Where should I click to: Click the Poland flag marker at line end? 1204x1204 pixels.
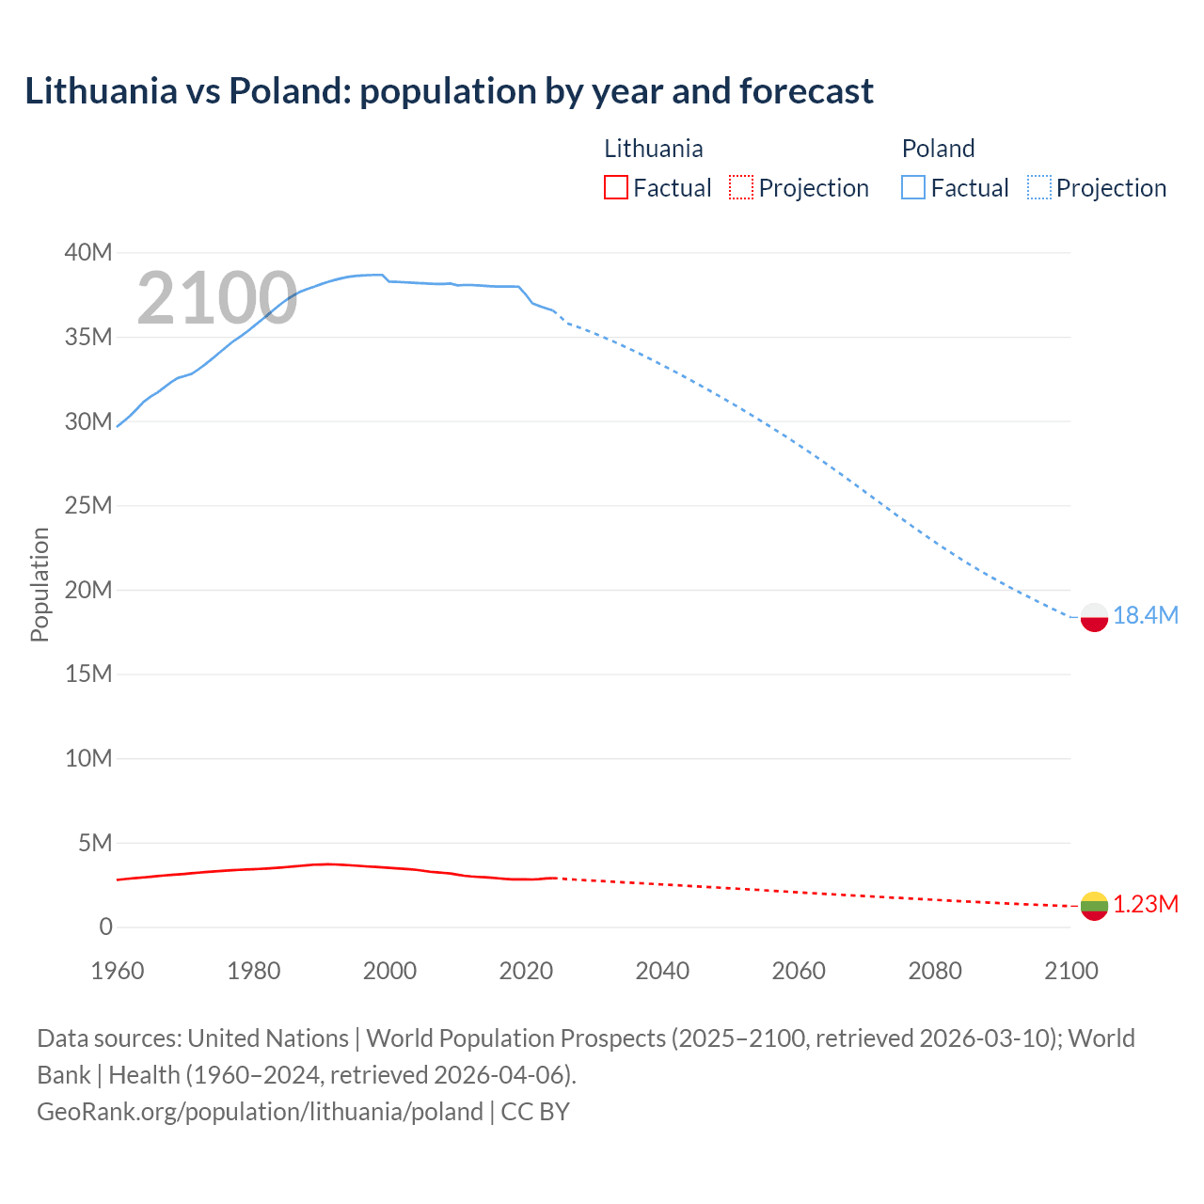(x=1094, y=617)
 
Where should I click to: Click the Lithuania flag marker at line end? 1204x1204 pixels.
(x=1094, y=906)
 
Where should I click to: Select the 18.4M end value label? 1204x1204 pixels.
(x=1146, y=615)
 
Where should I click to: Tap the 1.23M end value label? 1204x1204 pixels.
(x=1146, y=904)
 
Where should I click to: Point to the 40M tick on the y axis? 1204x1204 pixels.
(x=88, y=252)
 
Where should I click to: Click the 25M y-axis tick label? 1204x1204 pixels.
(x=88, y=505)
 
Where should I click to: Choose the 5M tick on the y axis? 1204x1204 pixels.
(x=95, y=843)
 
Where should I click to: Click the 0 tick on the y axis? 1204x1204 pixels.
(x=105, y=927)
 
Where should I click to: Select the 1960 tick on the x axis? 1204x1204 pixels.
(x=118, y=971)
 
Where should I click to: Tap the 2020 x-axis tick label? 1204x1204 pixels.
(x=526, y=971)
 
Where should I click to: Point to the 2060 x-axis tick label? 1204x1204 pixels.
(x=799, y=971)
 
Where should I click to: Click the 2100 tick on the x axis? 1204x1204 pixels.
(x=1071, y=971)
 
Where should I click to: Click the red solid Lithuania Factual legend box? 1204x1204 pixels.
(x=616, y=187)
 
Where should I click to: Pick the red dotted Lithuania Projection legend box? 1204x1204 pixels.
(x=741, y=187)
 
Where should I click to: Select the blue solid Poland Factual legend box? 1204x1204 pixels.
(x=913, y=187)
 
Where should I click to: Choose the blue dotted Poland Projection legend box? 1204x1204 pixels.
(x=1039, y=187)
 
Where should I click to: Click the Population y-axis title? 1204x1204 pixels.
(x=40, y=584)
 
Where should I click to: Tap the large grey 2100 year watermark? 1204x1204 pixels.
(x=217, y=298)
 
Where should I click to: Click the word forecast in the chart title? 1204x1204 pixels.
(x=806, y=91)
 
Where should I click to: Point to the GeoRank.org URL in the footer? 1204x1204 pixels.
(x=260, y=1111)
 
